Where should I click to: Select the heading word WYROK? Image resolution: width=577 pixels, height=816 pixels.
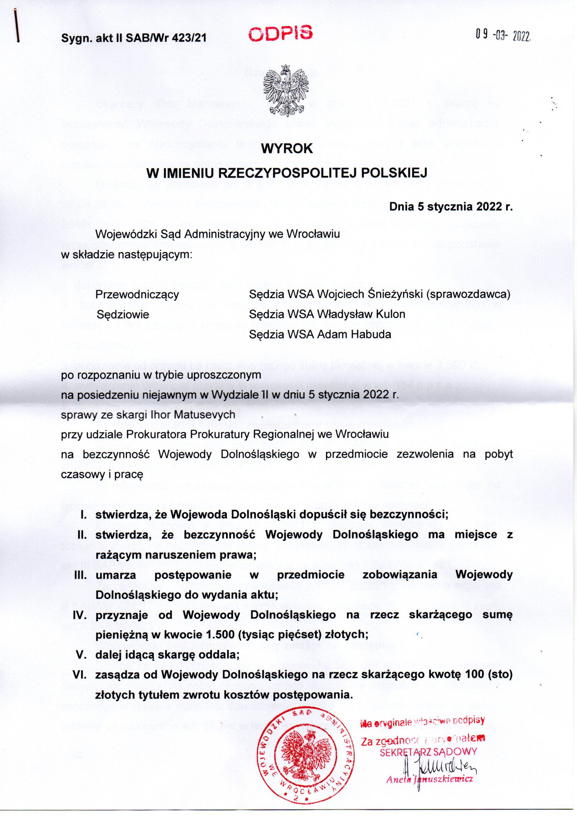287,149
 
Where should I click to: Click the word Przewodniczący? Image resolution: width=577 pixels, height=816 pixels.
137,295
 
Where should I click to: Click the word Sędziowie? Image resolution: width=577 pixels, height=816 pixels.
123,314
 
